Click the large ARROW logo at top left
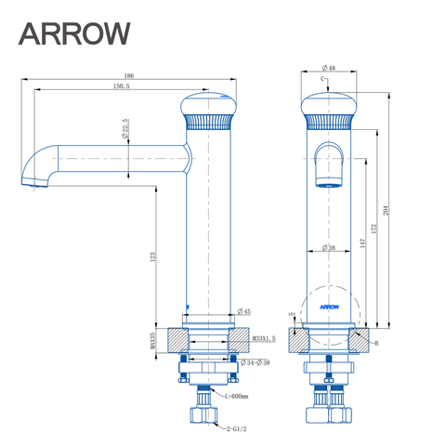tap(75, 33)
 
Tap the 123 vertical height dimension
tap(151, 256)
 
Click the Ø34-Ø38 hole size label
tap(259, 361)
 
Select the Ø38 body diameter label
tap(328, 247)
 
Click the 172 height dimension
tap(374, 228)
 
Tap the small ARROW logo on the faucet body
tap(329, 304)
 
